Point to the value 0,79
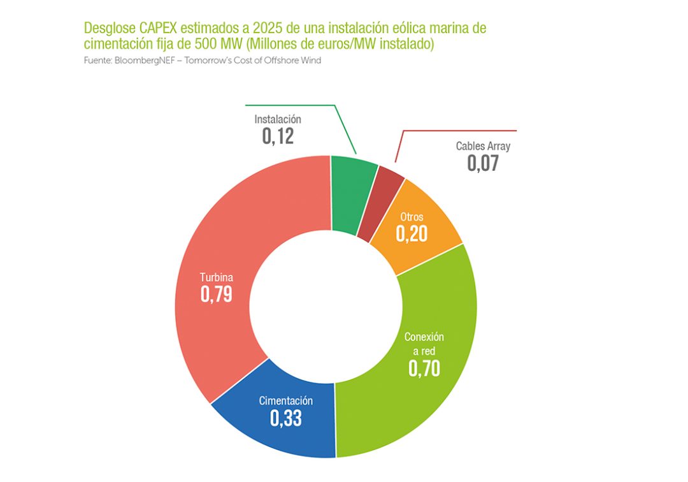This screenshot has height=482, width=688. point(216,294)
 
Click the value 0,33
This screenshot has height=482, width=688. point(285,418)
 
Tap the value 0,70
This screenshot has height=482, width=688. point(424,368)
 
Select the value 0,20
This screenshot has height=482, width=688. point(412,234)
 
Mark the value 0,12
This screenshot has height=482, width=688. point(278,136)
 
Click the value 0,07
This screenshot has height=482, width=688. point(483,163)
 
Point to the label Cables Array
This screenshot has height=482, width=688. point(483,146)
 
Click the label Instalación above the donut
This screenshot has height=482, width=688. point(278,119)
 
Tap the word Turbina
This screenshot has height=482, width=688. point(216,277)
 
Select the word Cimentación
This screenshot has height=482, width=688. point(285,401)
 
